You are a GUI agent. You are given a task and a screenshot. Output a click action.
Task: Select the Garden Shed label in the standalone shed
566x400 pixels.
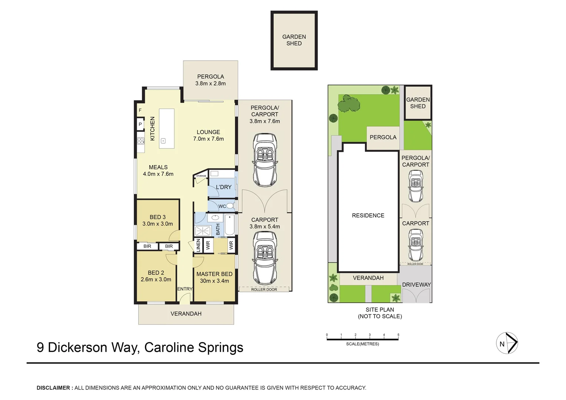click(294, 40)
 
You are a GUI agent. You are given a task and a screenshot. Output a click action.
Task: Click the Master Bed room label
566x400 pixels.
click(214, 274)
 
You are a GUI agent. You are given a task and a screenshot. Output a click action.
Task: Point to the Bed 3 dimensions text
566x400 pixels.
click(157, 224)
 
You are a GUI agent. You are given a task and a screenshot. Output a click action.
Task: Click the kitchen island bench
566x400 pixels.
click(167, 129)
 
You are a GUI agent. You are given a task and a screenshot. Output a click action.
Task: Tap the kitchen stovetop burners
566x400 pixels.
click(141, 141)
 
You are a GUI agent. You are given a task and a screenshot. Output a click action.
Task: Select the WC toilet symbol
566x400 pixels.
click(230, 206)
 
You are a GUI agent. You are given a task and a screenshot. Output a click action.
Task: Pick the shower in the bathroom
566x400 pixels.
click(203, 230)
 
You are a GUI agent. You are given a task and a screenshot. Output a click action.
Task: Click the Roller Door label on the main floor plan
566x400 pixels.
click(264, 289)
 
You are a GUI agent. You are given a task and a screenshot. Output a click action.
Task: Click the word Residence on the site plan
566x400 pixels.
click(368, 216)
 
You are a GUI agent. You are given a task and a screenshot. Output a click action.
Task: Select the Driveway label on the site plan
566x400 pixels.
click(416, 285)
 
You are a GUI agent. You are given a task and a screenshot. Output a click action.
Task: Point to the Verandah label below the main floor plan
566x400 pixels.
click(186, 314)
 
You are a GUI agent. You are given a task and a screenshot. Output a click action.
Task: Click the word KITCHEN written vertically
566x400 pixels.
click(152, 129)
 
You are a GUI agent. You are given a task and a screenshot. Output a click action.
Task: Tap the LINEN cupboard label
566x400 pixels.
click(198, 245)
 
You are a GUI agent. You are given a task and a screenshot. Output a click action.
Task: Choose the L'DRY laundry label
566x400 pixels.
click(223, 187)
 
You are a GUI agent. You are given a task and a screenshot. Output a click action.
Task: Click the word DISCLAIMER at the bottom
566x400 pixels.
click(53, 388)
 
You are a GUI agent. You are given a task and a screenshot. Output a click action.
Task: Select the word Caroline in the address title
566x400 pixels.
click(169, 347)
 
